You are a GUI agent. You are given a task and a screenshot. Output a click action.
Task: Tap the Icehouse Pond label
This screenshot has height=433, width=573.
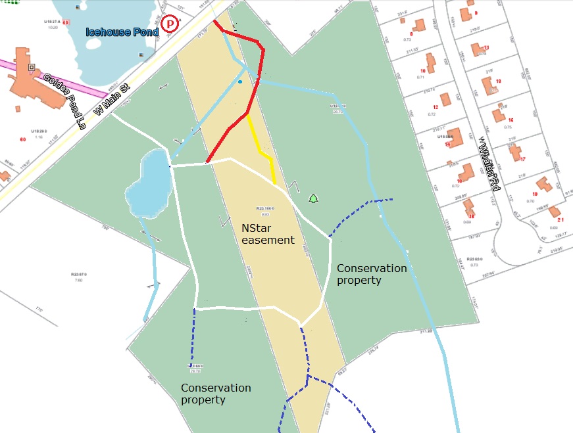click(x=122, y=32)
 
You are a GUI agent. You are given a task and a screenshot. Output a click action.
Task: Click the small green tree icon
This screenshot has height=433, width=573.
click(x=313, y=198)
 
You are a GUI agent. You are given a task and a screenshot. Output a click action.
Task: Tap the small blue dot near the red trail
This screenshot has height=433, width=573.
click(x=240, y=82)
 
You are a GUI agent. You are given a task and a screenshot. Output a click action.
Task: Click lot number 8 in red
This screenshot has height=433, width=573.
click(x=411, y=34)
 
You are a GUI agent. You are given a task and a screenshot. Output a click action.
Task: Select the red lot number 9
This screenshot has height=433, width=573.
click(x=476, y=13)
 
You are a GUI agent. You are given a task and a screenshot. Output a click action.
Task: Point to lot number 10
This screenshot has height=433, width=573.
click(x=423, y=71)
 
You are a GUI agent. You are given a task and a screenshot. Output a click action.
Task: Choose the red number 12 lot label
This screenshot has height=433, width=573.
click(x=436, y=106)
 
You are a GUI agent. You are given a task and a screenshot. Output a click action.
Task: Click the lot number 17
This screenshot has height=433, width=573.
click(x=523, y=159)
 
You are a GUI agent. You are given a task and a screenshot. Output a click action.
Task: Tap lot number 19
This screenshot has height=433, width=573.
click(x=534, y=194)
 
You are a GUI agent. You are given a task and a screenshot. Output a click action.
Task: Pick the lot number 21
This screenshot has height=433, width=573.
click(x=561, y=219)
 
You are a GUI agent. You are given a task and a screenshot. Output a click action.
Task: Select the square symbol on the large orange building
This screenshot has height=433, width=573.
click(x=31, y=67)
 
